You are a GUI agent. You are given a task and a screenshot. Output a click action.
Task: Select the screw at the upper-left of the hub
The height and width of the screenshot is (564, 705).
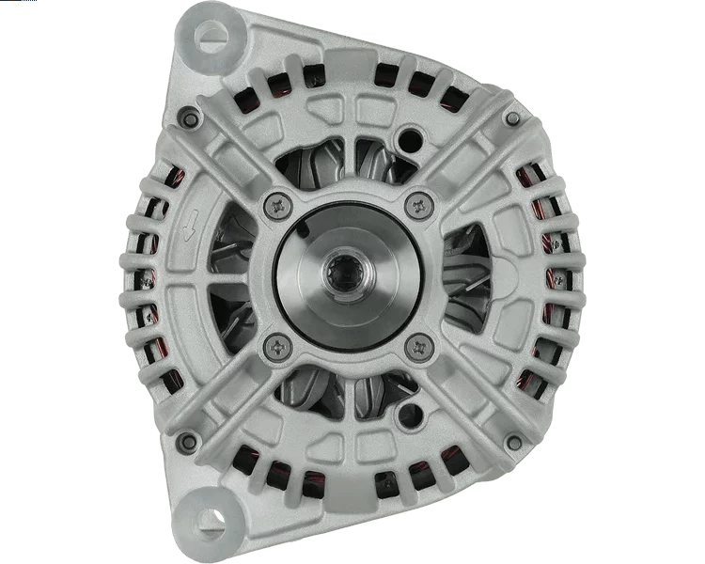(276, 202)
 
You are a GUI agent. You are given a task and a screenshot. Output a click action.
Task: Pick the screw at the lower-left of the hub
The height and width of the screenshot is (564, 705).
(276, 344)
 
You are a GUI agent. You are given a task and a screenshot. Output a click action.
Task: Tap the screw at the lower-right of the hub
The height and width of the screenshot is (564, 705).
(416, 346)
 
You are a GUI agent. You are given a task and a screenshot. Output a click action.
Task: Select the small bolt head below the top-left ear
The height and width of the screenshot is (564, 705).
(189, 117)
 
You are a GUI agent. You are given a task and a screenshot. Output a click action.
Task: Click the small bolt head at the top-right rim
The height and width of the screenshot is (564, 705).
(513, 118)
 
